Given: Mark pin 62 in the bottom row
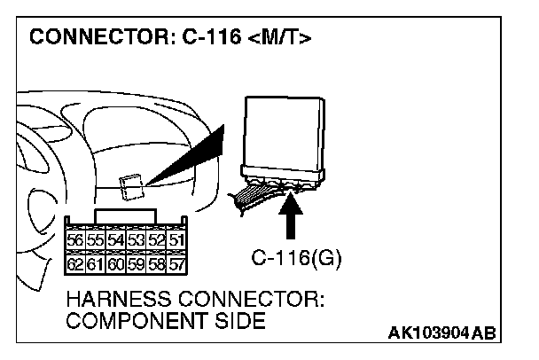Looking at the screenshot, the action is point(75,263).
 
